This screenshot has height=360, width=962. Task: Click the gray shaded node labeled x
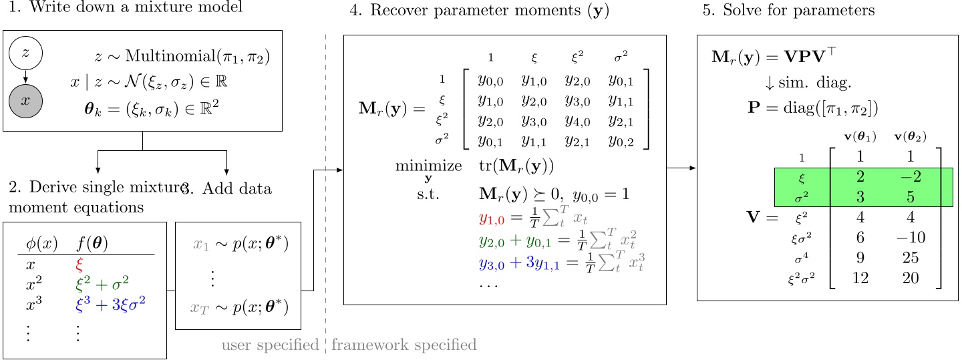26,100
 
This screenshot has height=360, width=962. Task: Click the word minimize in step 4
428,166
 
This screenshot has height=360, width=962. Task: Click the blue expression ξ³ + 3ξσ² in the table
111,305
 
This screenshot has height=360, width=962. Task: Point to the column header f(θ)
93,244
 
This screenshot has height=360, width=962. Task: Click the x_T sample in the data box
200,308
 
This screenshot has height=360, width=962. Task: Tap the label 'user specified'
270,345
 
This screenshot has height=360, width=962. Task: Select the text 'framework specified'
404,345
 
